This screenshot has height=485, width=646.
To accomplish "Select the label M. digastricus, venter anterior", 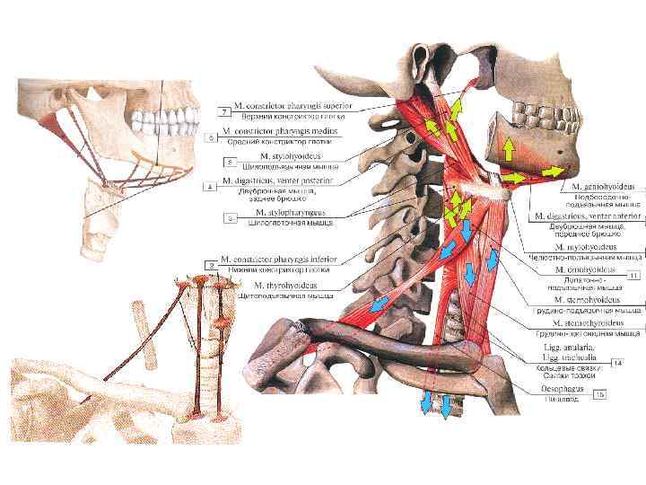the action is [x=584, y=216].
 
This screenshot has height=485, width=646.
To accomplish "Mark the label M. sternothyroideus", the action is [x=591, y=322].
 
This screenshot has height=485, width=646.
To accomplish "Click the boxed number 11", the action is [x=633, y=275].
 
